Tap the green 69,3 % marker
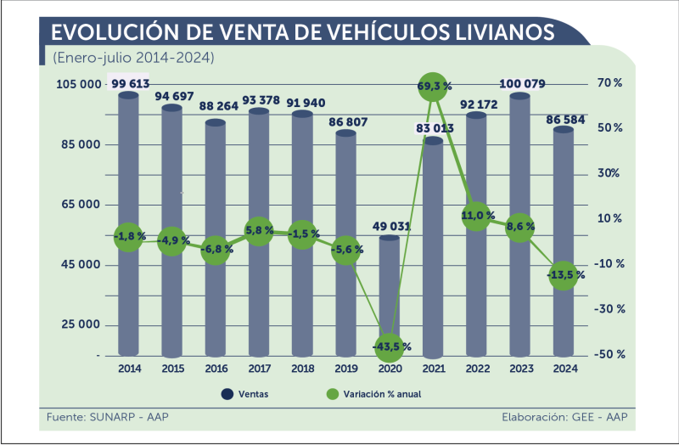coord(434,87)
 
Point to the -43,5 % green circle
coord(390,345)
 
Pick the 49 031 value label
coord(390,226)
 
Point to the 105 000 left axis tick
coord(78,84)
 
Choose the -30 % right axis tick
coord(609,309)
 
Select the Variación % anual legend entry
coord(373,394)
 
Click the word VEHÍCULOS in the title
coord(390,32)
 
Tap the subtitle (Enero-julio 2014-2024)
coord(132,58)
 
